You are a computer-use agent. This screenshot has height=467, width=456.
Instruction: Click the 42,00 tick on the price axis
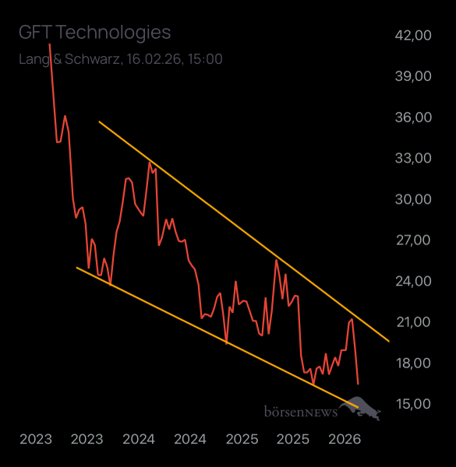[413, 35]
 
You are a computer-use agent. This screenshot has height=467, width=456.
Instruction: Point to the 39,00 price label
[413, 76]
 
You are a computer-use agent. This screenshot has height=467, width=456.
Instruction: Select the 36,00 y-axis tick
[413, 118]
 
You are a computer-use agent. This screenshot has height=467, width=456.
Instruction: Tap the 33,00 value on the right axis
[413, 158]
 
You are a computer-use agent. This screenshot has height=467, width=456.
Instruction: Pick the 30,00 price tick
[413, 199]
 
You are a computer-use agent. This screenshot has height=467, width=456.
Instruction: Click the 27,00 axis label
[413, 240]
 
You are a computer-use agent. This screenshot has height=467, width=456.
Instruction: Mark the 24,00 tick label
[413, 281]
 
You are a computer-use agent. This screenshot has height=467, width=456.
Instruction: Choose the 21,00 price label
[413, 322]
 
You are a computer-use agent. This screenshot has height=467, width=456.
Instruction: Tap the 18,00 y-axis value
[413, 363]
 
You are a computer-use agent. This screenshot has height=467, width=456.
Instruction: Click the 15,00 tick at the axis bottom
[413, 404]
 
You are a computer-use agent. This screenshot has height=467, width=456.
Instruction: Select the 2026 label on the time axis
[344, 439]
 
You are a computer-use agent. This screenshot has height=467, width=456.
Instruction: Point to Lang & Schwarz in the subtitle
[69, 59]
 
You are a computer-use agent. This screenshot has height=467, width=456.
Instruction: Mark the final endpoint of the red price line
[358, 384]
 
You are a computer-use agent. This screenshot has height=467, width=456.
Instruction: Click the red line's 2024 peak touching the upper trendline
[150, 162]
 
